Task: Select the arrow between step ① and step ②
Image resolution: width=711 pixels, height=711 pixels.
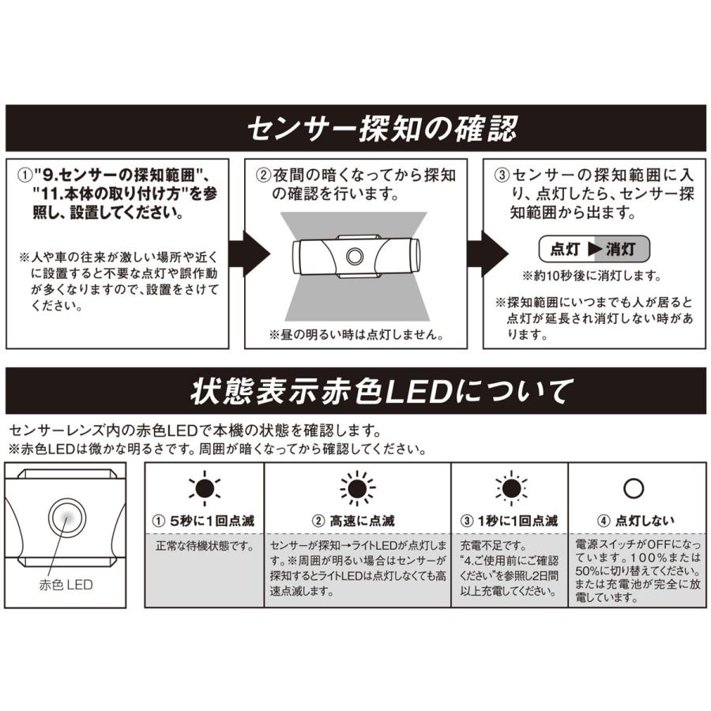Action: (250, 254)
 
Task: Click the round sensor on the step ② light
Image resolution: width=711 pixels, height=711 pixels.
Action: (355, 256)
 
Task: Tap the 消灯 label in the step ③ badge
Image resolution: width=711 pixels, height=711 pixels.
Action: (624, 249)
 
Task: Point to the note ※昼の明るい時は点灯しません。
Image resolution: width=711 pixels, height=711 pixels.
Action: (355, 334)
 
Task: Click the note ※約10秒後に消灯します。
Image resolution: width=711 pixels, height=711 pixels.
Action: (592, 277)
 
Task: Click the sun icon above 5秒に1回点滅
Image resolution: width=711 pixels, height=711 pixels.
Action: (204, 489)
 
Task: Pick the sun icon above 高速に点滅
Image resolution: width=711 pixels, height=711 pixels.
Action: (356, 489)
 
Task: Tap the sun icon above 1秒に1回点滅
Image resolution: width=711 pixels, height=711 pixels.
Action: (510, 489)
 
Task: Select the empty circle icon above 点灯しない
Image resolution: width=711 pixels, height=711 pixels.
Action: (633, 489)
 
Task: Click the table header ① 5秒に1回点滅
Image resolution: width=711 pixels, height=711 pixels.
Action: (204, 521)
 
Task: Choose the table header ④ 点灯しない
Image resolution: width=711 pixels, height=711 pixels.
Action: (633, 521)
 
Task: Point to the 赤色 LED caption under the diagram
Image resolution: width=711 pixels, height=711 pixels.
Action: (66, 585)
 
